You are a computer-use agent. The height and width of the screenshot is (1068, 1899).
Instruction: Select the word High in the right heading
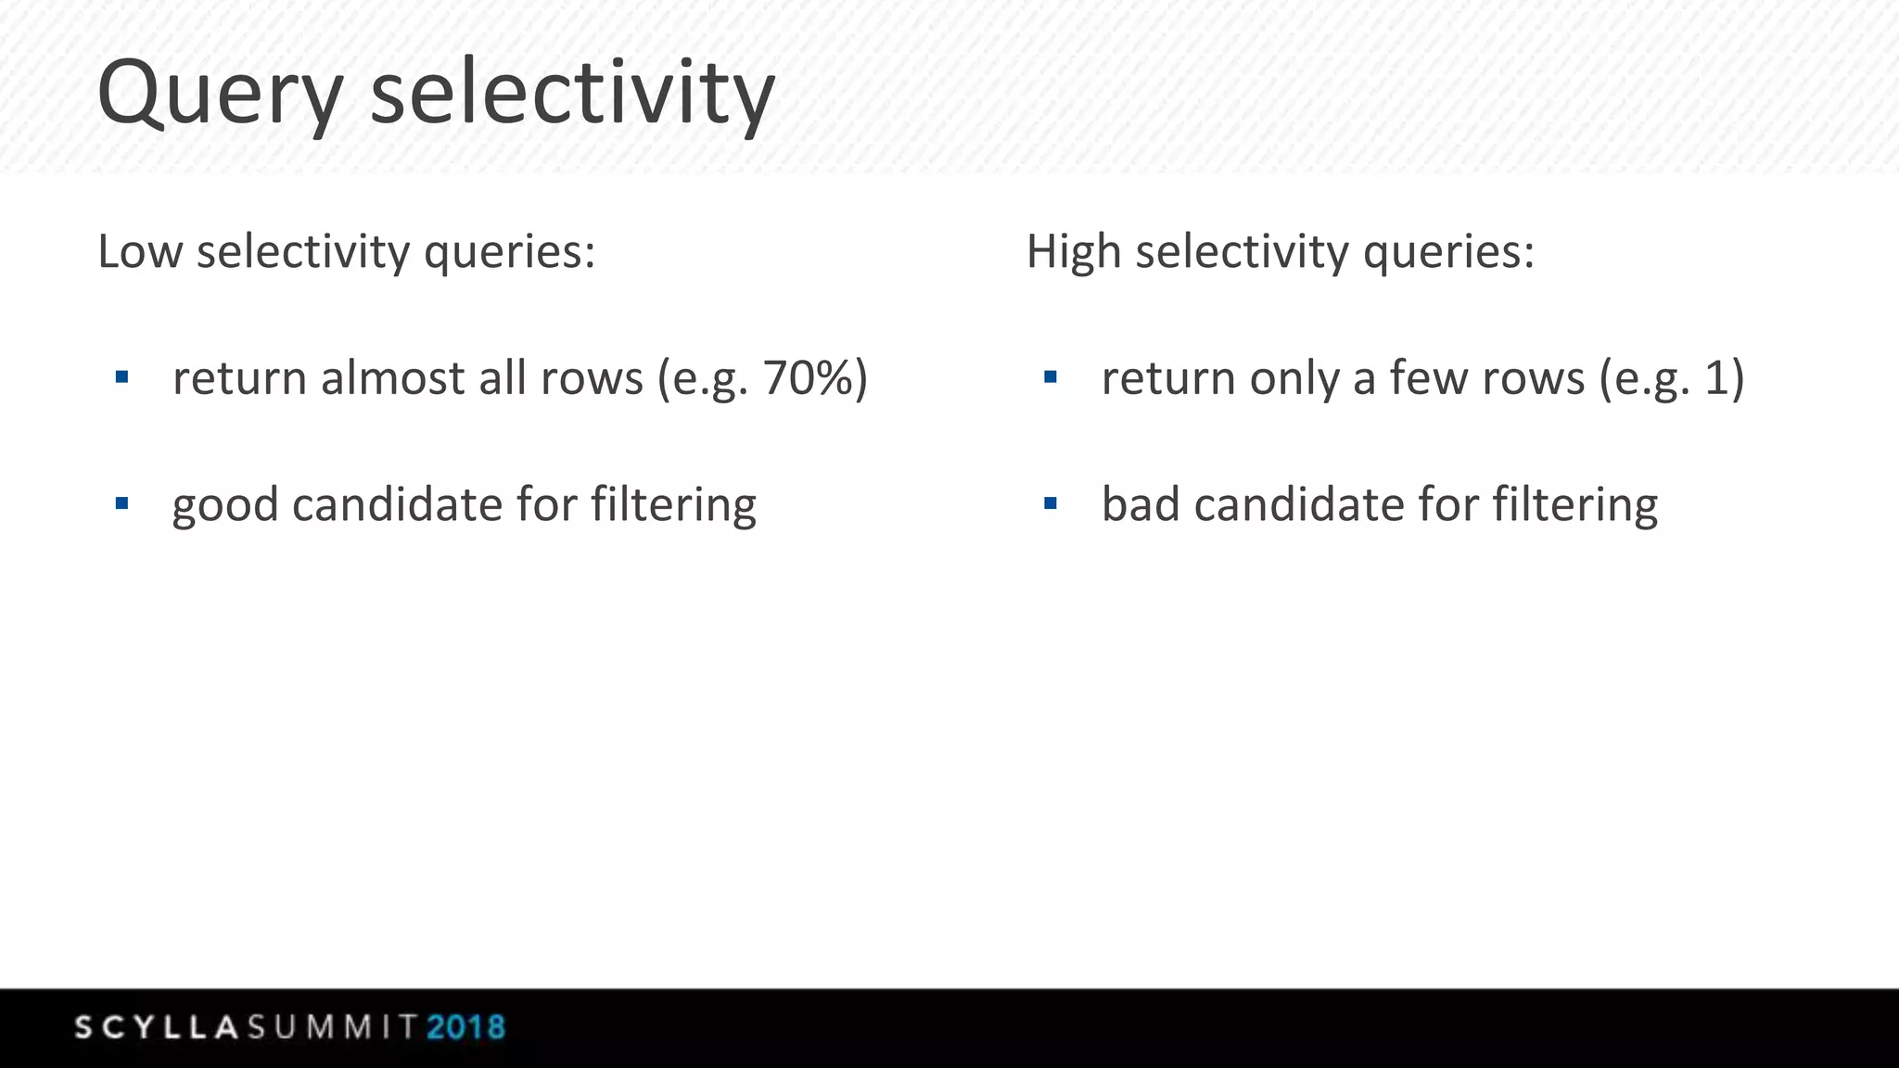pyautogui.click(x=1074, y=252)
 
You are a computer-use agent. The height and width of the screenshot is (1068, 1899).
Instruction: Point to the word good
pyautogui.click(x=224, y=506)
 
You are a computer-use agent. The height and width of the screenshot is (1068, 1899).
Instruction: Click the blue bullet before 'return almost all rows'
pyautogui.click(x=121, y=377)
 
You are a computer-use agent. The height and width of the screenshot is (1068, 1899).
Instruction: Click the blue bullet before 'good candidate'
pyautogui.click(x=121, y=504)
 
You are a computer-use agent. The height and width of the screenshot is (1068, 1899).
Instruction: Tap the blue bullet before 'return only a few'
pyautogui.click(x=1050, y=377)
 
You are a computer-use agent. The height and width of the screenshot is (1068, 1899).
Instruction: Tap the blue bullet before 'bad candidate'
pyautogui.click(x=1050, y=504)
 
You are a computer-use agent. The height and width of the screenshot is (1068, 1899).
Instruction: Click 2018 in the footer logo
pyautogui.click(x=465, y=1027)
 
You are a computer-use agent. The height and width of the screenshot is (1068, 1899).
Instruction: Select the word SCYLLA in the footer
pyautogui.click(x=158, y=1027)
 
